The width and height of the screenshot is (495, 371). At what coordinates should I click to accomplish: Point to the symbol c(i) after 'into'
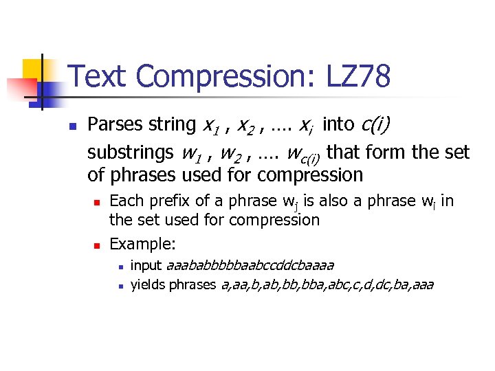pyautogui.click(x=375, y=125)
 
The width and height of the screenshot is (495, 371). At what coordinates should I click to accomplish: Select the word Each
pyautogui.click(x=124, y=201)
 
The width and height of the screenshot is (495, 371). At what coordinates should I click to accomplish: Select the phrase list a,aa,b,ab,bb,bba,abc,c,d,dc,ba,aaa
pyautogui.click(x=327, y=284)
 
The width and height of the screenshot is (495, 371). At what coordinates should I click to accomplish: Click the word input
pyautogui.click(x=146, y=265)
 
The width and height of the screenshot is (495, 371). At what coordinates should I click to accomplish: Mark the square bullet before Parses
pyautogui.click(x=71, y=126)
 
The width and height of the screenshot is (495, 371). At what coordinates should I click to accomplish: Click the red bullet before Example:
pyautogui.click(x=97, y=245)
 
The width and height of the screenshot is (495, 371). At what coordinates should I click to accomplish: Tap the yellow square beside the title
pyautogui.click(x=34, y=69)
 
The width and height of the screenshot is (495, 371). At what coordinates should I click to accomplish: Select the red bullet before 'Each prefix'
pyautogui.click(x=97, y=203)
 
